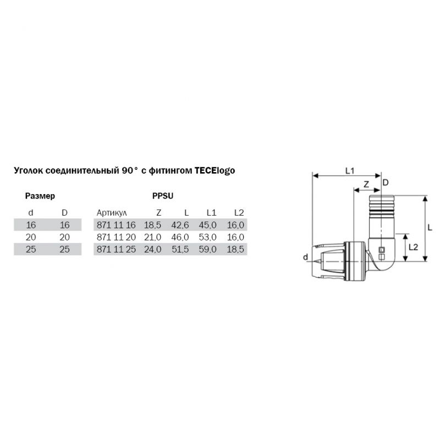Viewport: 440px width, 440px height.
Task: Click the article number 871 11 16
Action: coord(116,225)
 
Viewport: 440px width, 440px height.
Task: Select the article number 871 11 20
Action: coord(116,237)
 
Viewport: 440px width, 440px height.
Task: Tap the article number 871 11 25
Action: coord(116,249)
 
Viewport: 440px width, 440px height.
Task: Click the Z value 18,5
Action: coord(153,225)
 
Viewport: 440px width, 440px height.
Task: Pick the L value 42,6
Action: coord(180,225)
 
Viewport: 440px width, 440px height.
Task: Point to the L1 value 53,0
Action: coord(208,237)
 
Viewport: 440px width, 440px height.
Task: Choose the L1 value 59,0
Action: coord(208,249)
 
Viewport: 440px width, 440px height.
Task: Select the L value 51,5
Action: coord(180,249)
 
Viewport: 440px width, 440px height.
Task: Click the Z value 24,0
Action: coord(153,249)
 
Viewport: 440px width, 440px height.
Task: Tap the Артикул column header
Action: coord(112,213)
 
